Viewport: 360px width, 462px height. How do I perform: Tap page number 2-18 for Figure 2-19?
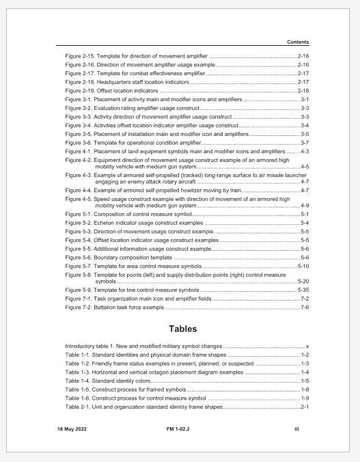tap(303, 90)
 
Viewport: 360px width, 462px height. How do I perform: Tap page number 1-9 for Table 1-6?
tap(305, 398)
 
